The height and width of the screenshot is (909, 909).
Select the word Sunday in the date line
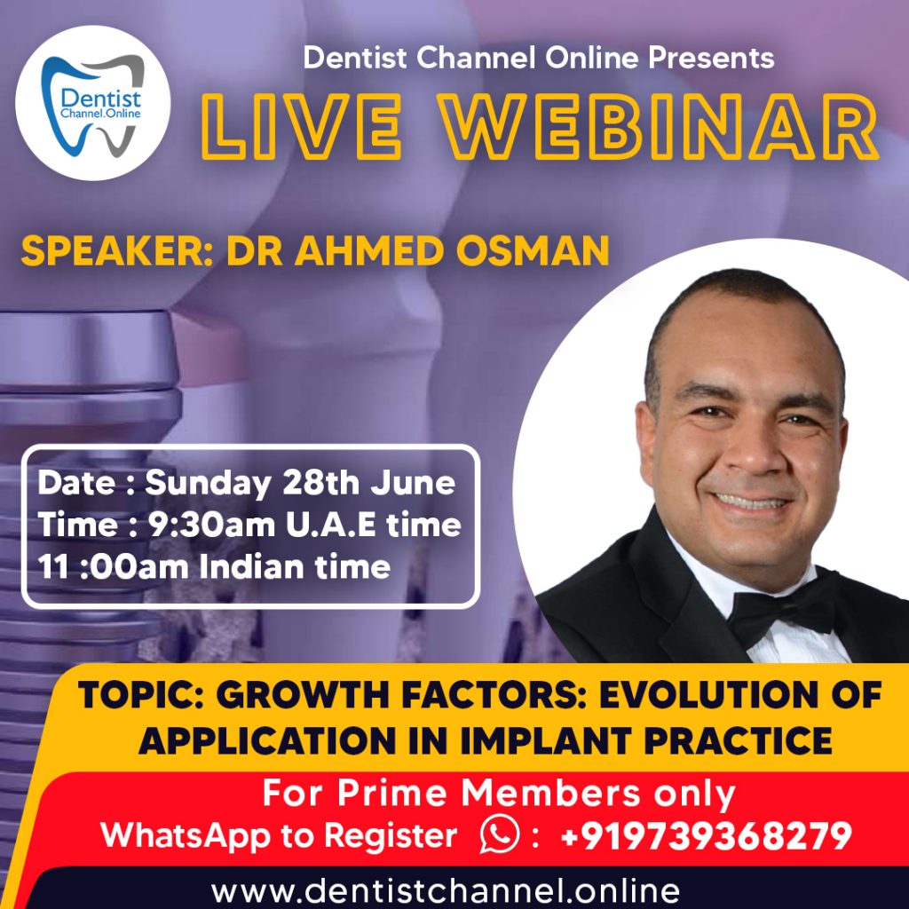(x=207, y=485)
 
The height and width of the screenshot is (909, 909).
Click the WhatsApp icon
(x=499, y=835)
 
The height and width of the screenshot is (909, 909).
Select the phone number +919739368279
(x=707, y=835)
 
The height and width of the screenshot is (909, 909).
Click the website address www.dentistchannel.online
(x=446, y=889)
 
